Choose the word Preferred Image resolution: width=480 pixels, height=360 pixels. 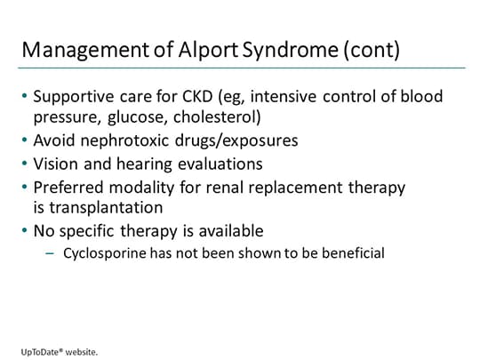point(68,188)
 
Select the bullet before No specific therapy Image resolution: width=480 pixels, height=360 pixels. point(24,231)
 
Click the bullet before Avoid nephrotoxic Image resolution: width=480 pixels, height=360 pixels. point(24,140)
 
